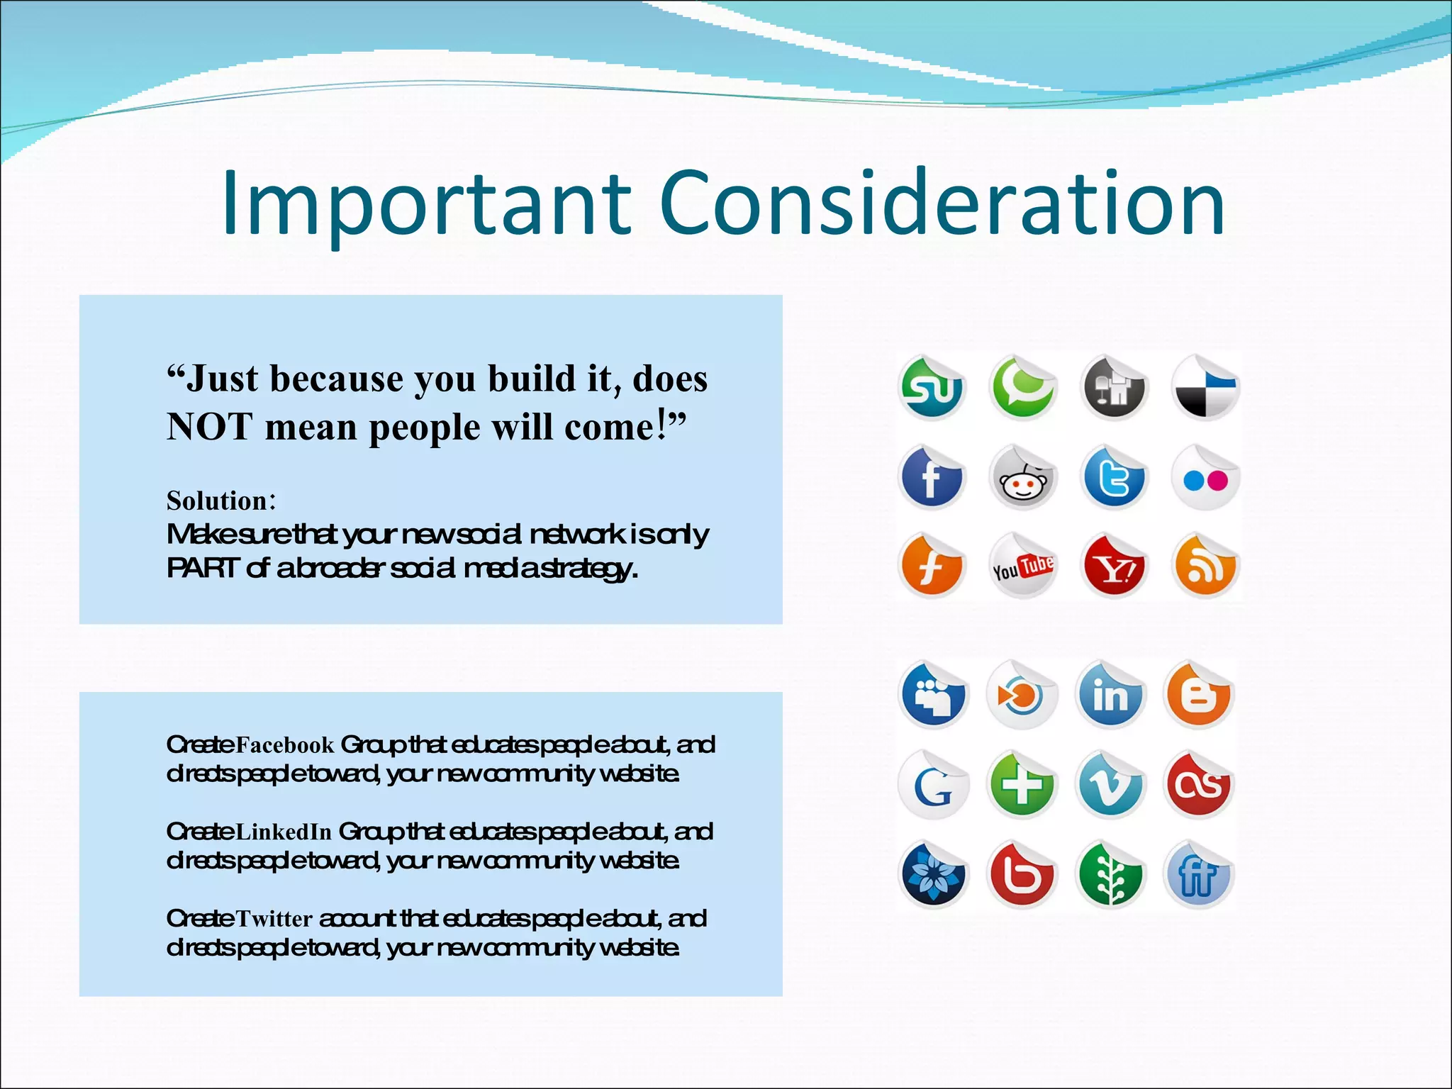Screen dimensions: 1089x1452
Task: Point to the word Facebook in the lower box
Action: (284, 745)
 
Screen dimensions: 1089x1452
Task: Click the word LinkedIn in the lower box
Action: (284, 832)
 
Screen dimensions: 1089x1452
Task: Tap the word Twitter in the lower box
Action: (274, 919)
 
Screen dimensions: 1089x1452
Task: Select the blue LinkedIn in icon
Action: (1110, 696)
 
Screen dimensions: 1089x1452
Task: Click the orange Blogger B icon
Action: (1198, 696)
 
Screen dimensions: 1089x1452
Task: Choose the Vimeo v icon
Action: (1110, 786)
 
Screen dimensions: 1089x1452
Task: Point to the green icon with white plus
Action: (1022, 786)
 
